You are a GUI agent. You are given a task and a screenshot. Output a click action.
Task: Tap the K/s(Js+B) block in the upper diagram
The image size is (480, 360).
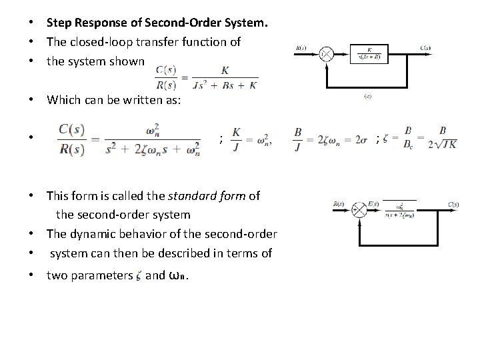[x=369, y=53]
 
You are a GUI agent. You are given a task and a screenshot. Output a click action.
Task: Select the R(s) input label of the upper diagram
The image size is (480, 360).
[x=302, y=48]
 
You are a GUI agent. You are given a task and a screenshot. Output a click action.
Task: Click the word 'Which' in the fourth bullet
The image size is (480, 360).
[x=63, y=101]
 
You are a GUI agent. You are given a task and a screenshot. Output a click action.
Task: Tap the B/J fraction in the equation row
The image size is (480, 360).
[x=299, y=139]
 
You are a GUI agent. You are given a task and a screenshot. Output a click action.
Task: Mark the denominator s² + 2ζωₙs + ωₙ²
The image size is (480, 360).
[x=153, y=149]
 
